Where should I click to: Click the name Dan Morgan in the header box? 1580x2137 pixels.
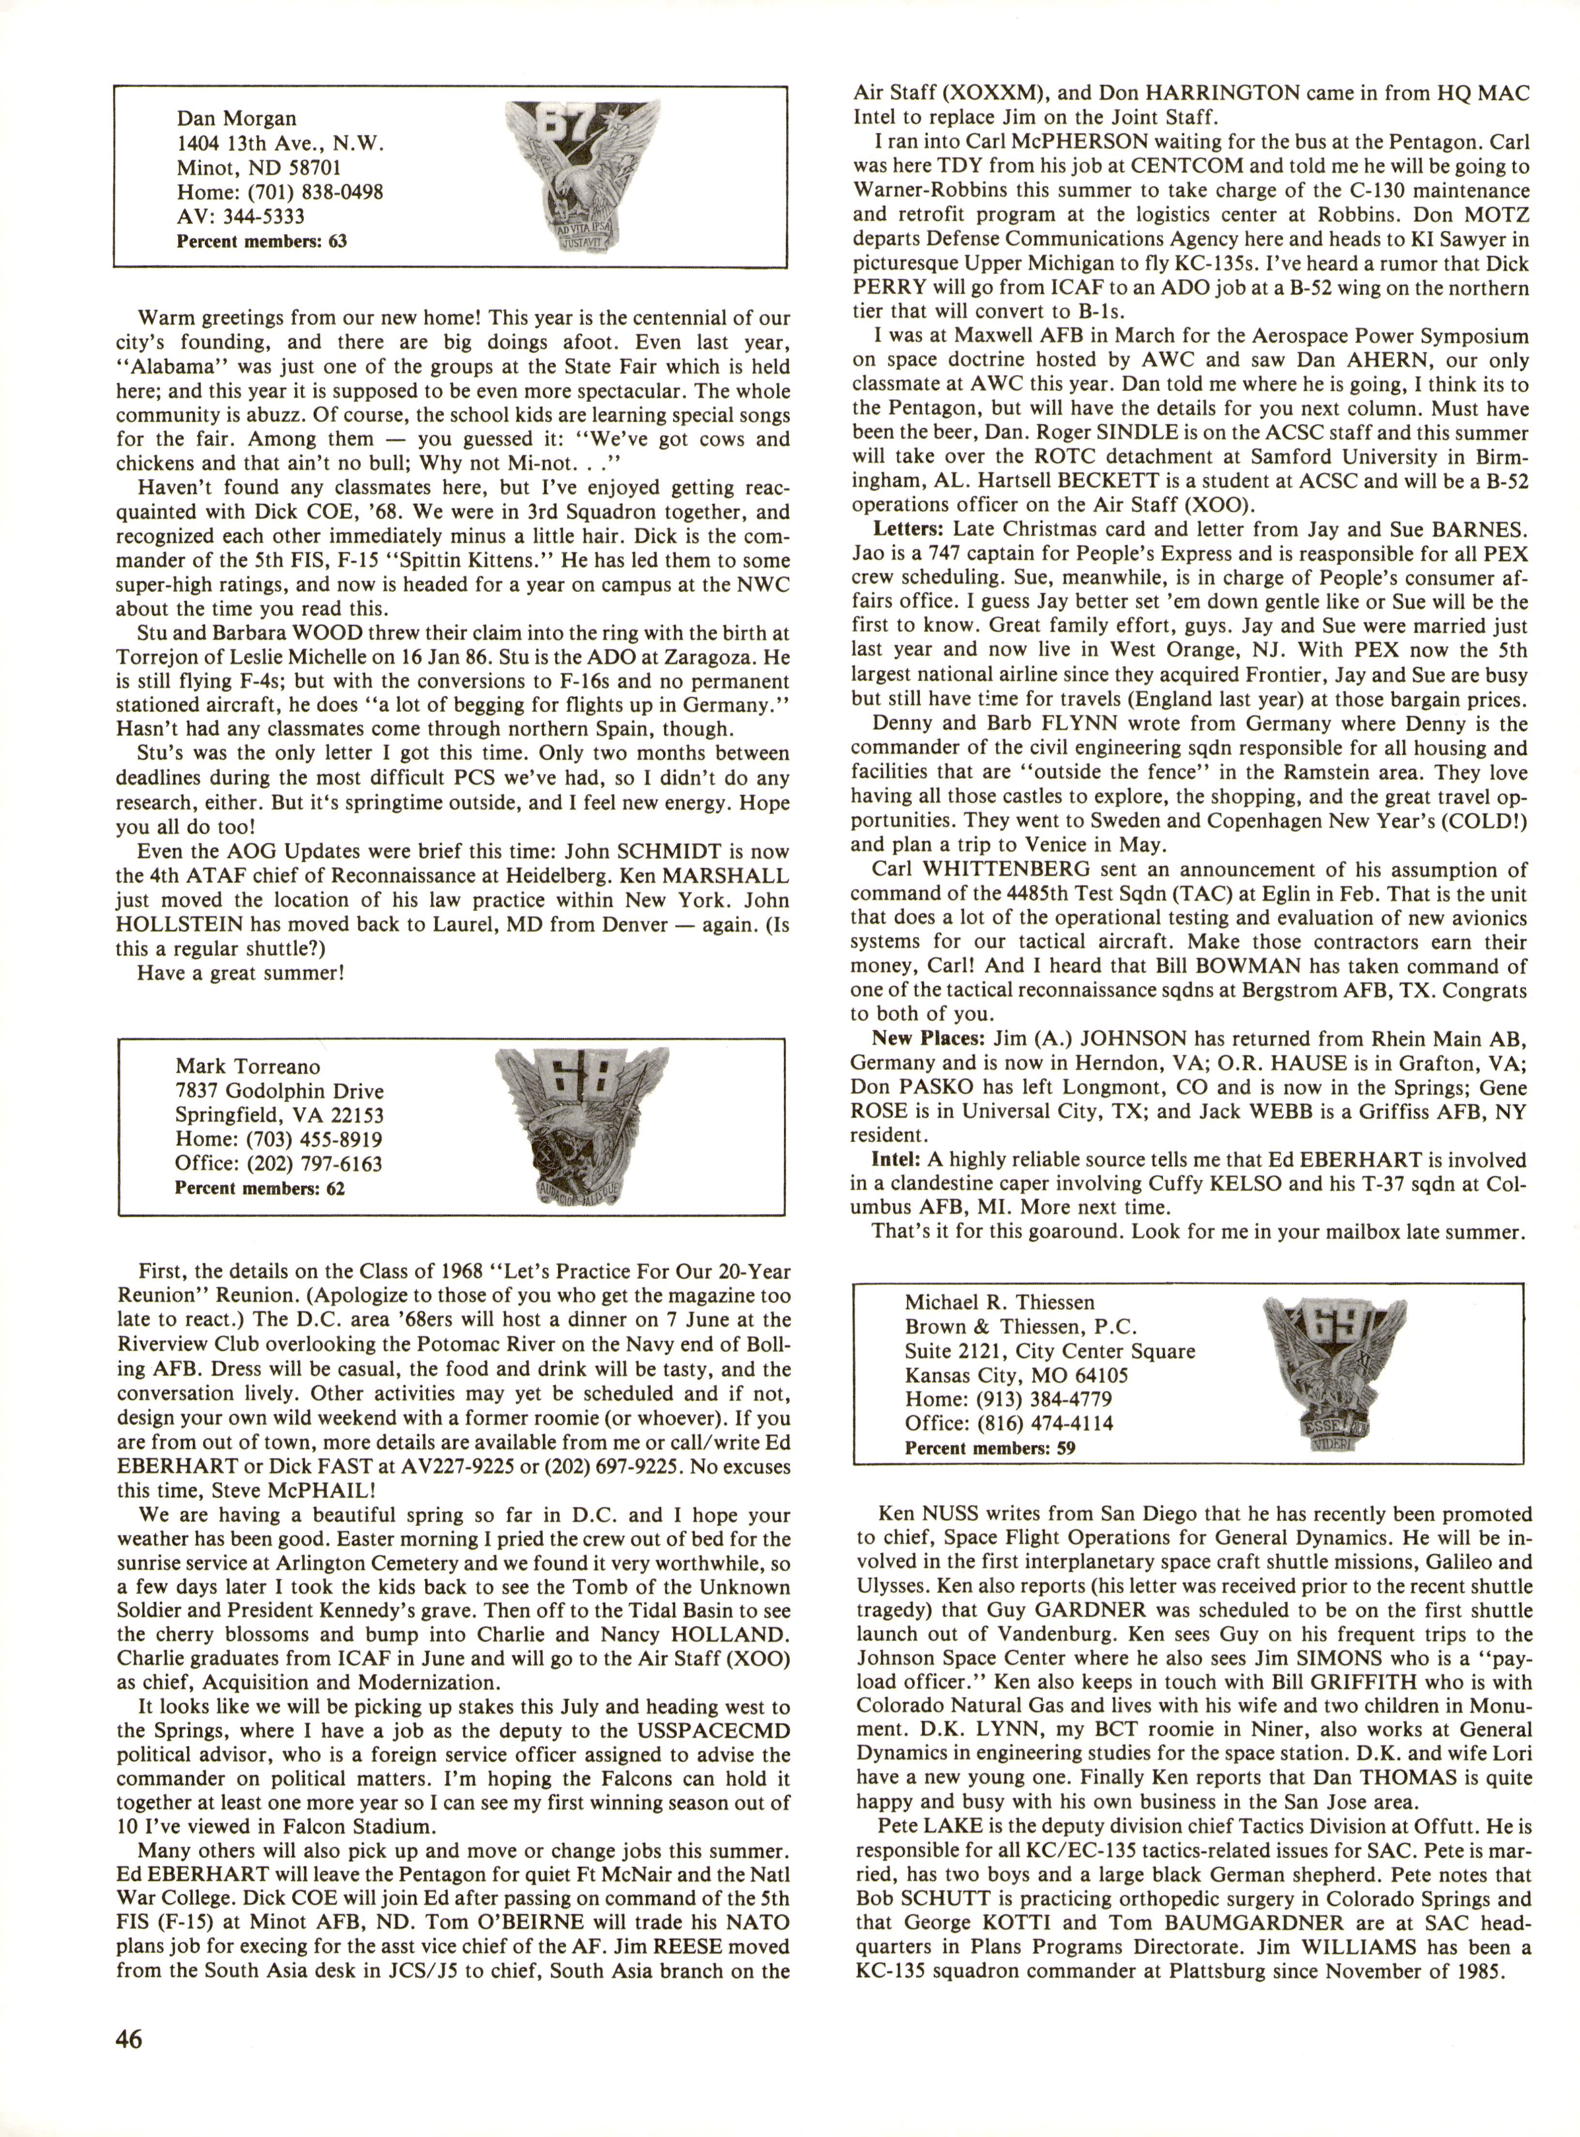pyautogui.click(x=236, y=119)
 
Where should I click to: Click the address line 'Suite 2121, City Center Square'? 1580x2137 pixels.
pyautogui.click(x=1049, y=1351)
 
